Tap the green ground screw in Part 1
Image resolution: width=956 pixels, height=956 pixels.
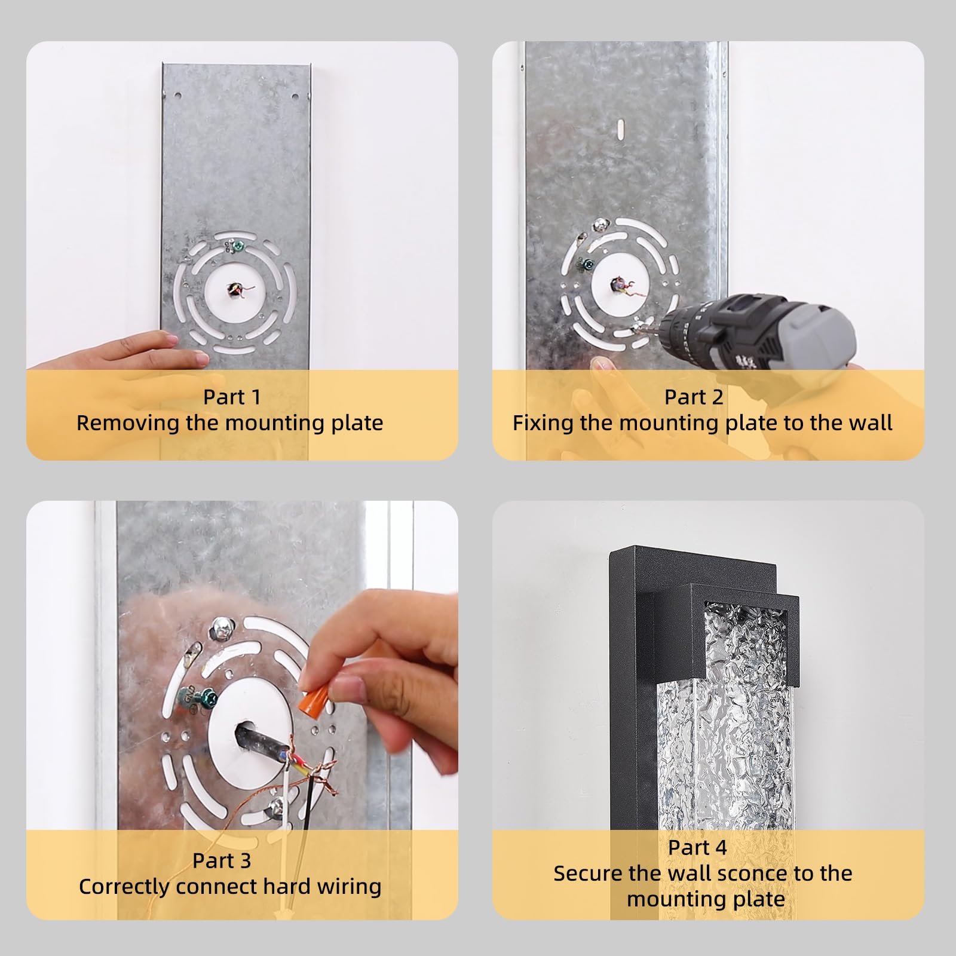(x=238, y=244)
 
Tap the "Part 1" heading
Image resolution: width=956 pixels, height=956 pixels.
(x=232, y=397)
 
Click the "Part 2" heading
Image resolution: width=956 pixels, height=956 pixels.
(x=694, y=397)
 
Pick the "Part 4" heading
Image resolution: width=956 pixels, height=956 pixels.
(x=697, y=847)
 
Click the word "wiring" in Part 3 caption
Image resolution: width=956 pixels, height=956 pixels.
(x=349, y=887)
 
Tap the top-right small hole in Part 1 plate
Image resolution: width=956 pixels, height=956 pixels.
(x=295, y=96)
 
